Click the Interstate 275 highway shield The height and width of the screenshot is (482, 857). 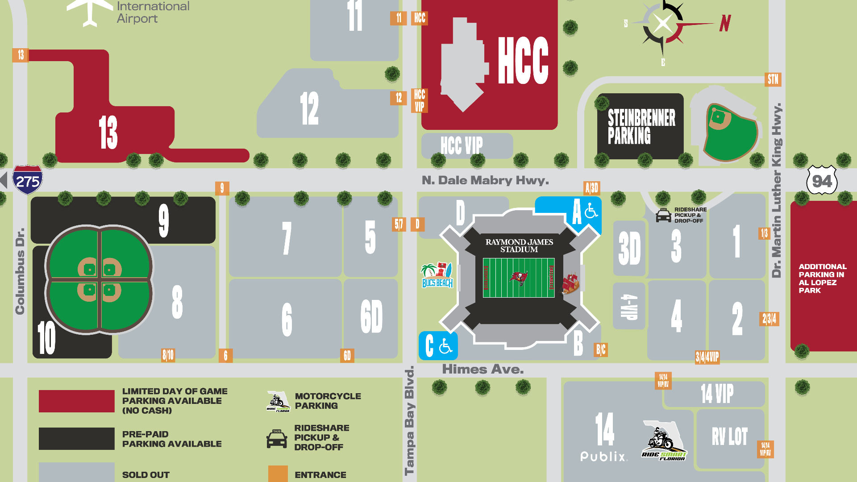(x=28, y=180)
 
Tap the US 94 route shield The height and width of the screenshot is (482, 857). (x=822, y=181)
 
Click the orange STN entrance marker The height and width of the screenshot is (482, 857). (x=773, y=79)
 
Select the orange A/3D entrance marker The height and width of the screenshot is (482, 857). (x=592, y=188)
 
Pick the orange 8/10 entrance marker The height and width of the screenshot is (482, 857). (x=168, y=355)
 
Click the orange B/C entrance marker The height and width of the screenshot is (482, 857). (x=601, y=349)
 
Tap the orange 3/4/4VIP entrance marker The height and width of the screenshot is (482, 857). (x=707, y=357)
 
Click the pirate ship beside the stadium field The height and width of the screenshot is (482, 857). (x=570, y=283)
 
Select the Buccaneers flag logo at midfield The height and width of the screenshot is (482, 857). (x=519, y=278)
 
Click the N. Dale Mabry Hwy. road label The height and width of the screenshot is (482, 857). (x=485, y=180)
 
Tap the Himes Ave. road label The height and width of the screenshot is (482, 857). (x=483, y=370)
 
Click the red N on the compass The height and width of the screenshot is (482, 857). (x=725, y=23)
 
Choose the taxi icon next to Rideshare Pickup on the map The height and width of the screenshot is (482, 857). (x=663, y=215)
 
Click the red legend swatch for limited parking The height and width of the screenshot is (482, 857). (x=76, y=401)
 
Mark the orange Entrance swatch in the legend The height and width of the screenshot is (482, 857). (x=278, y=474)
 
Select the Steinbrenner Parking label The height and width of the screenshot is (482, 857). (x=641, y=127)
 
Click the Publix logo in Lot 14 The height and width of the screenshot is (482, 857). (x=603, y=456)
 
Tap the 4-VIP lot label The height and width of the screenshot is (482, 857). (x=629, y=306)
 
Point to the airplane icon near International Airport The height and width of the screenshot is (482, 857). (x=90, y=11)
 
